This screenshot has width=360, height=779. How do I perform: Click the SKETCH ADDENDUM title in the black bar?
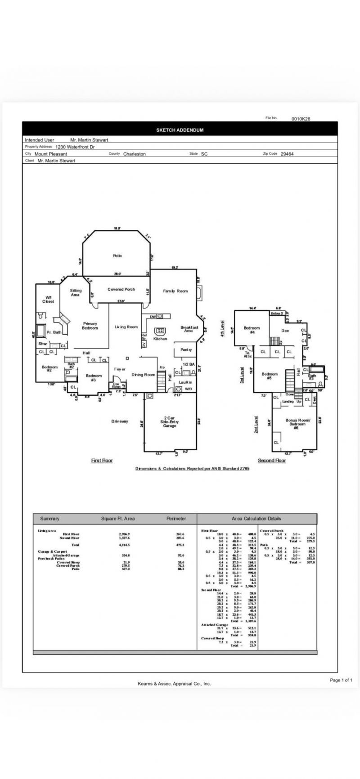tap(180, 130)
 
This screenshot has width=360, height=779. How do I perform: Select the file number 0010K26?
tap(301, 119)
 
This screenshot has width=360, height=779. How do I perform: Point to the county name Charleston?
tap(135, 154)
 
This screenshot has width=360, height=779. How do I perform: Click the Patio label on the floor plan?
tap(117, 255)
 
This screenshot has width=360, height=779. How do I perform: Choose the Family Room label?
tap(175, 291)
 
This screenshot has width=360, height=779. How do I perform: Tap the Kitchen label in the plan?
tap(160, 338)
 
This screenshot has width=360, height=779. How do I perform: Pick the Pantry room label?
tap(186, 349)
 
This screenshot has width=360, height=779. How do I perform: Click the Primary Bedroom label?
tap(90, 326)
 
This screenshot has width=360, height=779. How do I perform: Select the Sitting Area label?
tap(76, 292)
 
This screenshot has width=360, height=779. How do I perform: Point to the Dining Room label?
tap(143, 374)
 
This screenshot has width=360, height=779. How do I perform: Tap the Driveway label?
tap(120, 421)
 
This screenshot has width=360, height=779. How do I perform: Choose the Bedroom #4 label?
tap(252, 330)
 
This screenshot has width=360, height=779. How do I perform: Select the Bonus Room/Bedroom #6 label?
tap(297, 424)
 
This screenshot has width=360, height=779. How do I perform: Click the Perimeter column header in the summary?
tap(176, 519)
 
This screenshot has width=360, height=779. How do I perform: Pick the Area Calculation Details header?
tap(256, 519)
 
